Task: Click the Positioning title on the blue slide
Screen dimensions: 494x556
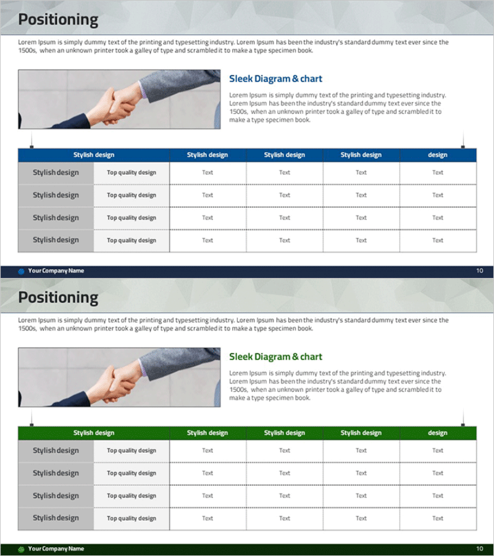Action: [x=58, y=20]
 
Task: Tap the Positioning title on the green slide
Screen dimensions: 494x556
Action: [x=58, y=298]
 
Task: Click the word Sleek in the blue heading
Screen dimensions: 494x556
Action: [x=241, y=78]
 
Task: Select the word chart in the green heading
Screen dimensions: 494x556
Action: [x=311, y=356]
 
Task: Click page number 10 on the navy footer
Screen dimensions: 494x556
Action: [x=479, y=271]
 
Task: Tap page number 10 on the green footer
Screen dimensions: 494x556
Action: [x=479, y=549]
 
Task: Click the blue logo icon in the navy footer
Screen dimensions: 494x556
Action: [x=21, y=271]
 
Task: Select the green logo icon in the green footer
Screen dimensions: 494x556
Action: [x=21, y=549]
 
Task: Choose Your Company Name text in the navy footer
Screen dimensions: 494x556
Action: [x=56, y=271]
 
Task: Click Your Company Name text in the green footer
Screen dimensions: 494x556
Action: [x=56, y=549]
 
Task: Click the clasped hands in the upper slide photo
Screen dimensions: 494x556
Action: [x=119, y=105]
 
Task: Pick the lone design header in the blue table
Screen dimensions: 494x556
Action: [x=438, y=155]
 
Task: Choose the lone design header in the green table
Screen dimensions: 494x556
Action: [x=438, y=433]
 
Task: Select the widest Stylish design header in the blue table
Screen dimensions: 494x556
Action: [x=94, y=155]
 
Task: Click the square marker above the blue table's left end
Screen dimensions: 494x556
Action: [x=31, y=147]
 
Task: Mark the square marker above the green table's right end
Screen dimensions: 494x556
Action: [x=463, y=425]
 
